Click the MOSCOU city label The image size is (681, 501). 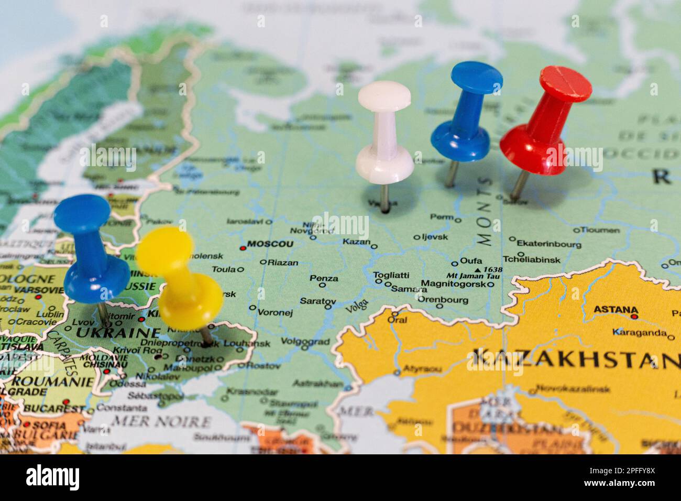[270, 244]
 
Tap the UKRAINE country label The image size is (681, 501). [118, 333]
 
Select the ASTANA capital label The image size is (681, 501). [616, 310]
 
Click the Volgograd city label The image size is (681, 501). [305, 342]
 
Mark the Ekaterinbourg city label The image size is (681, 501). [548, 244]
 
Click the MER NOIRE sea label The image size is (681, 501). [162, 421]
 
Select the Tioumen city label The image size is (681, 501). [600, 230]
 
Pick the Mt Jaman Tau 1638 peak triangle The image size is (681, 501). [476, 269]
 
